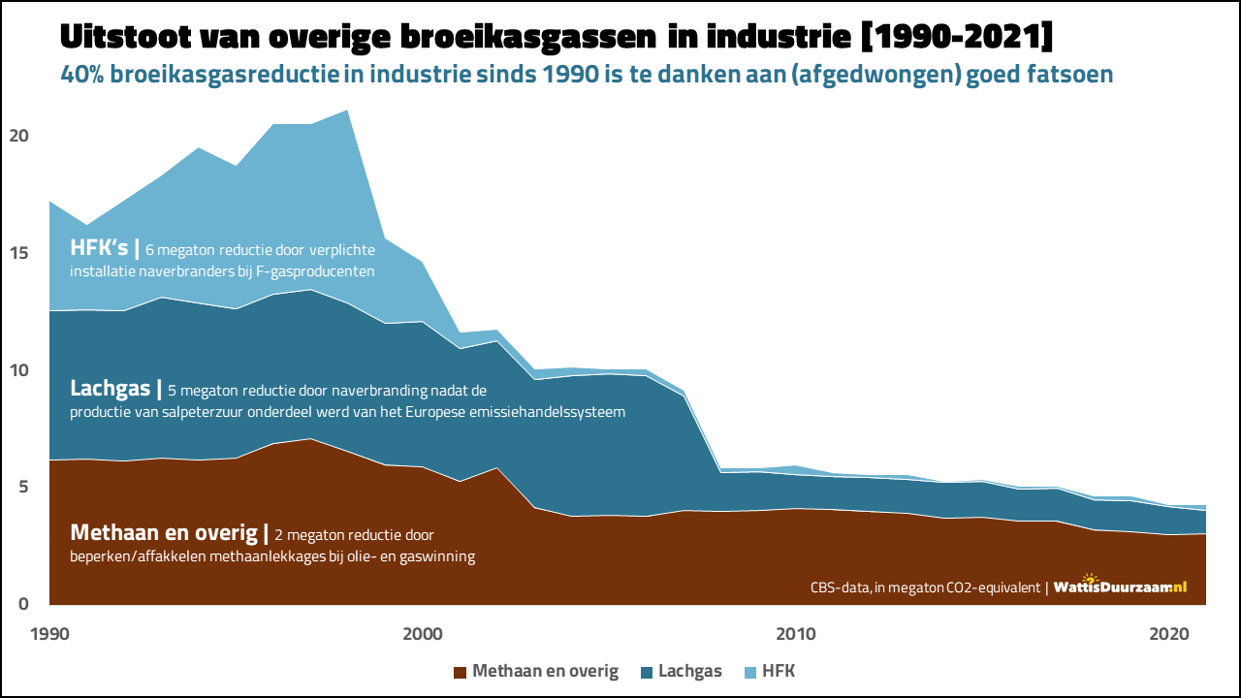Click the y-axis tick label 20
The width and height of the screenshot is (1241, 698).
tap(18, 136)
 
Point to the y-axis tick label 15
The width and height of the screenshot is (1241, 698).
tap(18, 253)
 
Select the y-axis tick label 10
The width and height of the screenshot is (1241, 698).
tap(18, 370)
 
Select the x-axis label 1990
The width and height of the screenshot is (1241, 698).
tap(48, 634)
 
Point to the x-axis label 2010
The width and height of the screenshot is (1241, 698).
tap(796, 634)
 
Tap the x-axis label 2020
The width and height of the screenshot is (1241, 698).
tap(1169, 634)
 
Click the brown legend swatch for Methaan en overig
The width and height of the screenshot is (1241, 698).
tap(460, 671)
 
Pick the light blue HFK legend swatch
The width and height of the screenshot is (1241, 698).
tap(749, 671)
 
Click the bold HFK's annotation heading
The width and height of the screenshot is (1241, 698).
tap(99, 248)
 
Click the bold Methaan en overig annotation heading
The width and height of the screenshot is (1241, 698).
tap(163, 533)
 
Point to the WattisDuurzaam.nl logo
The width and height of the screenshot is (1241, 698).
tap(1120, 586)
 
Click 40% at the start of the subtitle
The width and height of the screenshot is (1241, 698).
tap(83, 74)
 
